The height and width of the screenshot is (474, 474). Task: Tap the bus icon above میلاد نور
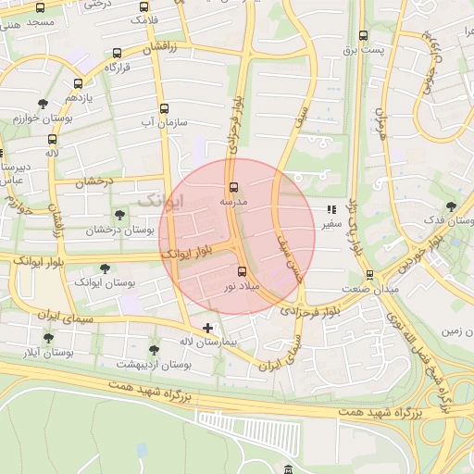[x=243, y=271]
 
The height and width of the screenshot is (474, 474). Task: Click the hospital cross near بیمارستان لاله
[x=208, y=328]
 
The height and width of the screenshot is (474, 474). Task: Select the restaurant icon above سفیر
[x=331, y=209]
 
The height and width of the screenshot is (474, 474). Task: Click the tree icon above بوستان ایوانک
[x=104, y=267]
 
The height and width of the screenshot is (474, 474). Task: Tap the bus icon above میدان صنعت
[x=369, y=275]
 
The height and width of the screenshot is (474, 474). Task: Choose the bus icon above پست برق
[x=363, y=36]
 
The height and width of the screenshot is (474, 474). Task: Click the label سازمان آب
[x=164, y=121]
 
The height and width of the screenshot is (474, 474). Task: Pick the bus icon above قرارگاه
[x=116, y=54]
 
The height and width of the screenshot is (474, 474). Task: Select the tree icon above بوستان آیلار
[x=48, y=339]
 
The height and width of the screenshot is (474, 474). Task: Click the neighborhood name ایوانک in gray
[x=161, y=200]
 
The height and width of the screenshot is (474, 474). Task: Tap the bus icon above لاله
[x=51, y=139]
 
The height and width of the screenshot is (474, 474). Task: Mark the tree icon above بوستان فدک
[x=451, y=207]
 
